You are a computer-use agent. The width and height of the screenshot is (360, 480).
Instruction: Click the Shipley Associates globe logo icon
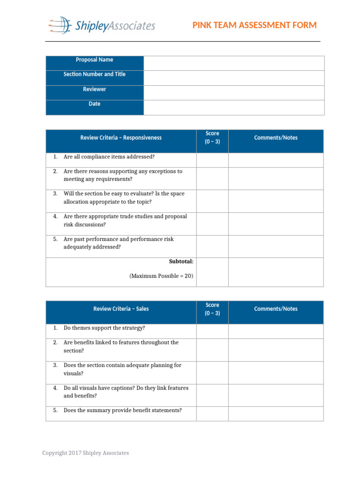click(60, 25)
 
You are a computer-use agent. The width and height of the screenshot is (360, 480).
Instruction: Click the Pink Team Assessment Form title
click(255, 25)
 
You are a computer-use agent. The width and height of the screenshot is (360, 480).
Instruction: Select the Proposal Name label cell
click(94, 60)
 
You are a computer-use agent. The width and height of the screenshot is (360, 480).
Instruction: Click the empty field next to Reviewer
click(233, 92)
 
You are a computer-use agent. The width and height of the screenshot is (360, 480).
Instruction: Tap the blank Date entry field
click(233, 107)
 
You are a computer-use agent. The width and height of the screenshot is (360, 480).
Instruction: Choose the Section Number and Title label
click(94, 75)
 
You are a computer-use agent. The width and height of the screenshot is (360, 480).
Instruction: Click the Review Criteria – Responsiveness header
click(121, 138)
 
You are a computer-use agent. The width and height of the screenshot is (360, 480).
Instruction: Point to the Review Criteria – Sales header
click(121, 309)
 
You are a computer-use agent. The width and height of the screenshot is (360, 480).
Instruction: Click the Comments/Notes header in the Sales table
click(276, 309)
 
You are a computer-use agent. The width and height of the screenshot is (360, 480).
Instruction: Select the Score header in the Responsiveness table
click(212, 138)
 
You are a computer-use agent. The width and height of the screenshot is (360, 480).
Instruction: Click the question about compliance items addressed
click(109, 157)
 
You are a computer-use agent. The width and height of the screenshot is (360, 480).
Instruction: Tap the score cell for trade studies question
click(212, 224)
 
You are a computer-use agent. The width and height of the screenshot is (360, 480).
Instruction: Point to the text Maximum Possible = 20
click(161, 276)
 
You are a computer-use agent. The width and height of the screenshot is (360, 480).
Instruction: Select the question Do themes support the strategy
click(104, 328)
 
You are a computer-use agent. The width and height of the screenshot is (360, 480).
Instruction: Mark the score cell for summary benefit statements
click(212, 413)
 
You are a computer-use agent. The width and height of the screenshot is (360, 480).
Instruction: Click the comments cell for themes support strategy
click(276, 331)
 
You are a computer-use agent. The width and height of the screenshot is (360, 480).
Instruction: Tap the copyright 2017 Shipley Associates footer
click(85, 453)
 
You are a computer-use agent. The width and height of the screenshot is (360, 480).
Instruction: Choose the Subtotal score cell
click(212, 272)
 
